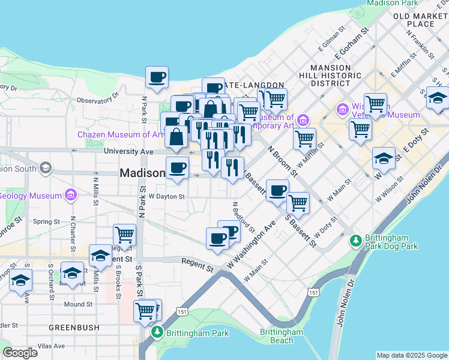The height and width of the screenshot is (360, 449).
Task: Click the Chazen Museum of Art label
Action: [119, 134]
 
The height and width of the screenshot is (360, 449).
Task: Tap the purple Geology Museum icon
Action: [71, 195]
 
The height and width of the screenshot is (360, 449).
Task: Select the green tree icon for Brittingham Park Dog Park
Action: [355, 241]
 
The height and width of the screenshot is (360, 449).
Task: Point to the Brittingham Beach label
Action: [282, 336]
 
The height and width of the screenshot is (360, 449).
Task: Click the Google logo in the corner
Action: [20, 352]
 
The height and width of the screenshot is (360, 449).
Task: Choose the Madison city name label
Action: [142, 173]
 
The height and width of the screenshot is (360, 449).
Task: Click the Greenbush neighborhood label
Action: [70, 328]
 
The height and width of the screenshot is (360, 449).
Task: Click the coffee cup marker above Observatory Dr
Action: [157, 77]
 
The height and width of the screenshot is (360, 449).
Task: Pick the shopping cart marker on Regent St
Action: [124, 234]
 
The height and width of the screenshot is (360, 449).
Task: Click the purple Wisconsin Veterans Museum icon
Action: [343, 109]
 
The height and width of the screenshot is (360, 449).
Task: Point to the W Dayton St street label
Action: [166, 196]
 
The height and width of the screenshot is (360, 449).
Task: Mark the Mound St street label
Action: [78, 304]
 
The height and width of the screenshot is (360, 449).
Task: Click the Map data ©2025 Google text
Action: [411, 355]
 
